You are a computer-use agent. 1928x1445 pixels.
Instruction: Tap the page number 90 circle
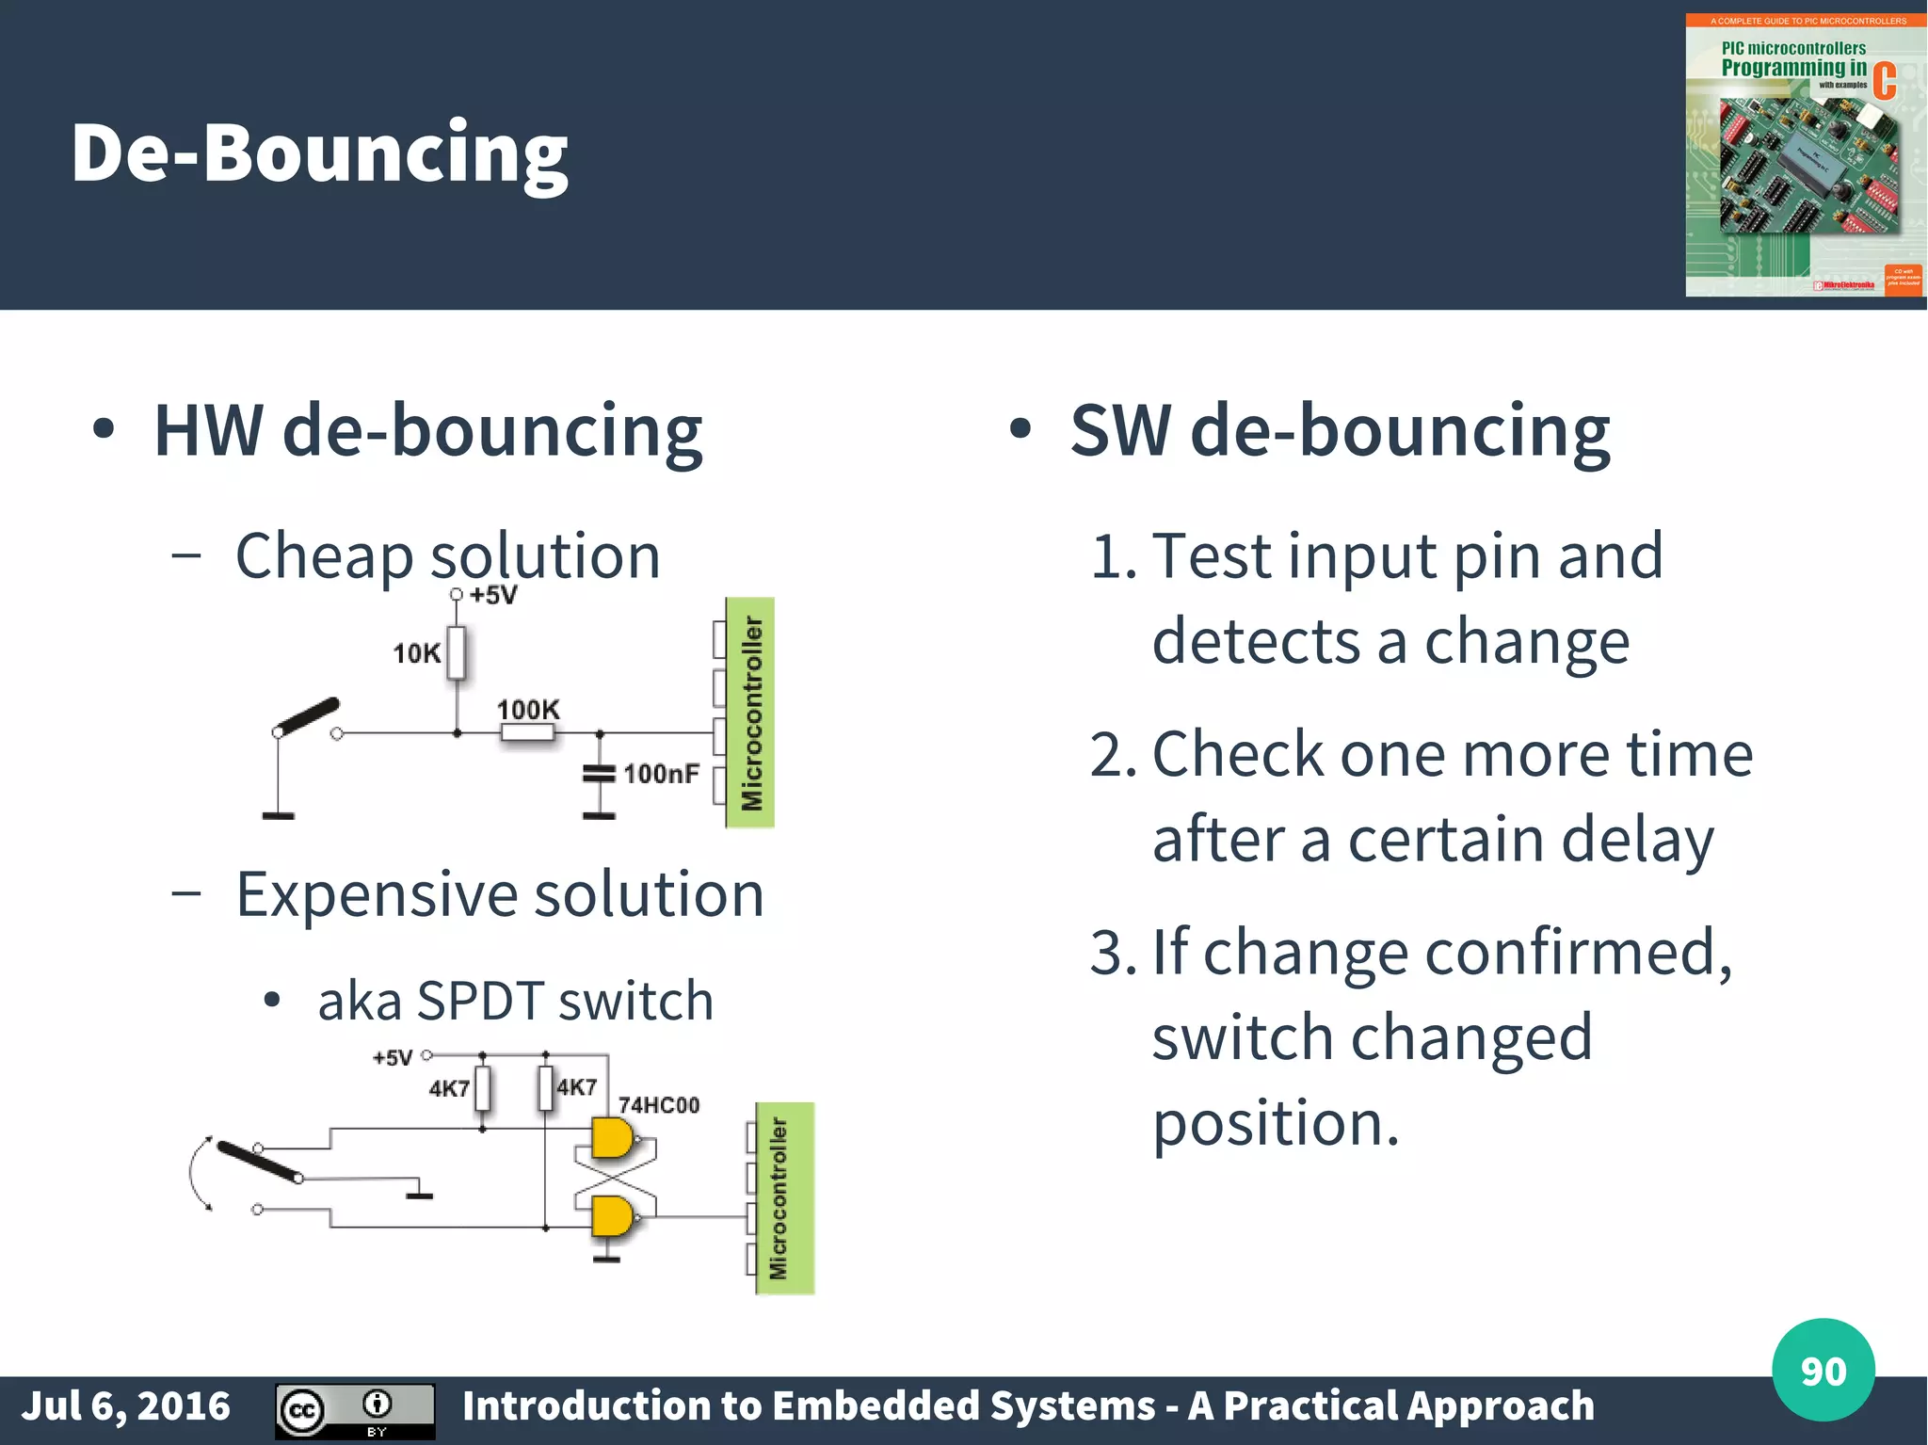1823,1370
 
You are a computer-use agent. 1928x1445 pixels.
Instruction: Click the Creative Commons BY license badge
355,1410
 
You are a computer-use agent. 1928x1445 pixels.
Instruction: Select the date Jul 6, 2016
125,1405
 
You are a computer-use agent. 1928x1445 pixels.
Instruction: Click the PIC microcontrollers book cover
1803,155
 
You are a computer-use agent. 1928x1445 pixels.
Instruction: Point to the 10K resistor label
416,653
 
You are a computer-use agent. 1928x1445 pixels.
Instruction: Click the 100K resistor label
527,710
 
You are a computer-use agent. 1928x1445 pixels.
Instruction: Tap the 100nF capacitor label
661,774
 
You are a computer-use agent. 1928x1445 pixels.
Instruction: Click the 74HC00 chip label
658,1105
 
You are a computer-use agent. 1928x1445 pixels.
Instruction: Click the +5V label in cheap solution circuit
493,595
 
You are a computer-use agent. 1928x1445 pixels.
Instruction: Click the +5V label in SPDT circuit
392,1058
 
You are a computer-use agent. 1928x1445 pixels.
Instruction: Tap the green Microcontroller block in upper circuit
750,713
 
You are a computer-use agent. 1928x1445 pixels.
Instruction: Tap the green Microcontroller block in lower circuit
784,1198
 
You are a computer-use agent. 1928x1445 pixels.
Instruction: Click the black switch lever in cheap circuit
307,716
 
